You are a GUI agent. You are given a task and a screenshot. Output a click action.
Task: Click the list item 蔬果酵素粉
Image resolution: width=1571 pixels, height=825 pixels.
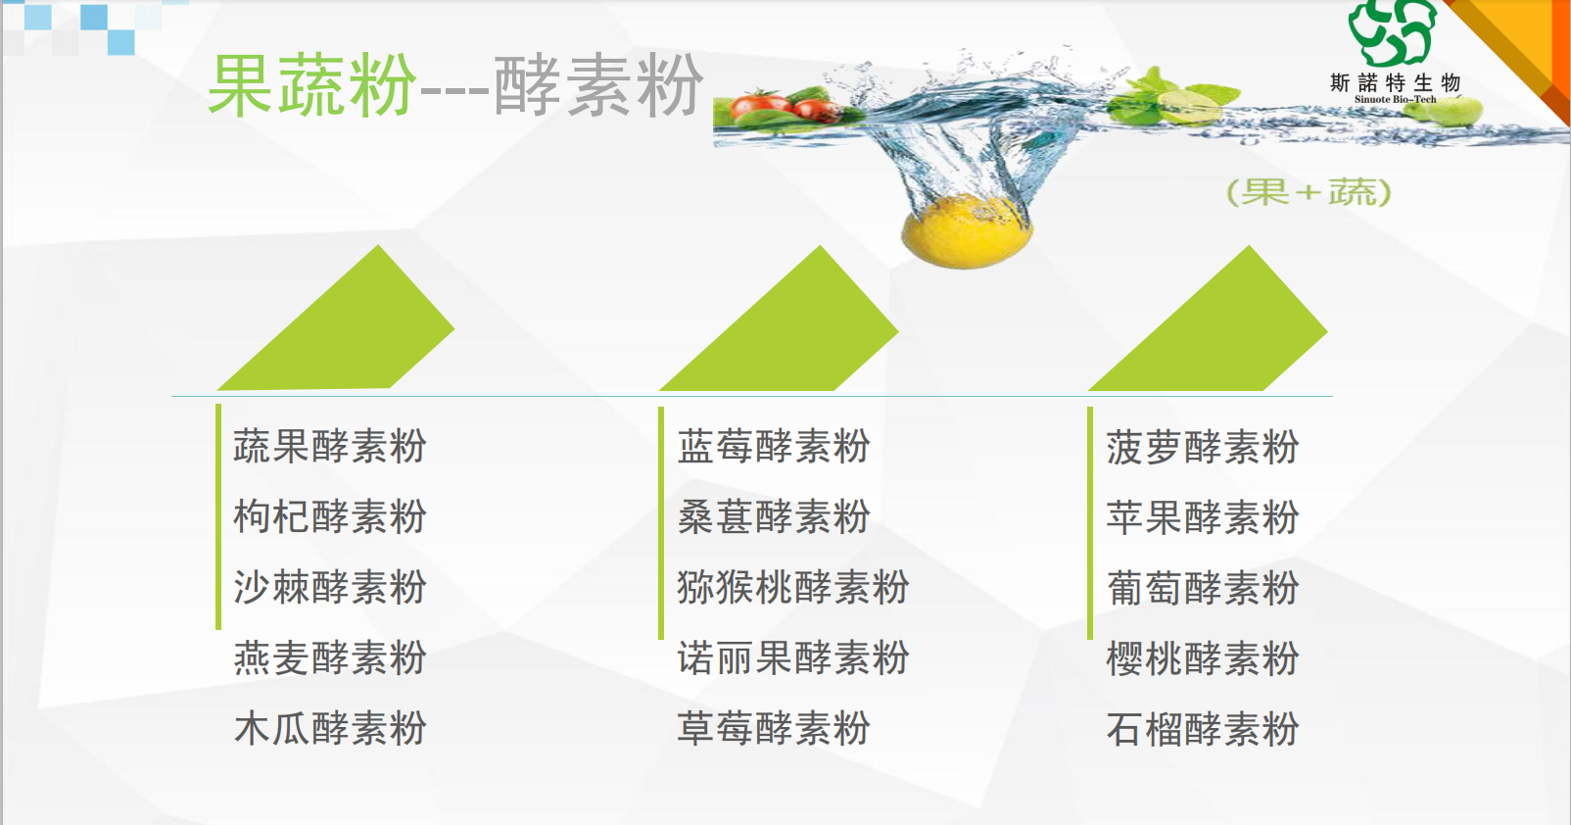click(330, 446)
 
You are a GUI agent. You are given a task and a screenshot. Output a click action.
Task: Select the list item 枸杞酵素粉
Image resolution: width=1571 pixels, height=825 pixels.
click(330, 516)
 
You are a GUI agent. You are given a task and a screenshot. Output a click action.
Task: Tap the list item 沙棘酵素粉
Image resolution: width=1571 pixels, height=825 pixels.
click(330, 587)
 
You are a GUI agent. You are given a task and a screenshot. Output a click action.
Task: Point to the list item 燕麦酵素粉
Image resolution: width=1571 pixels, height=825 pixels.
click(330, 658)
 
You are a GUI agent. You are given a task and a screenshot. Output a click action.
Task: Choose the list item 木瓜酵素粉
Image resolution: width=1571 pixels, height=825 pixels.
click(330, 728)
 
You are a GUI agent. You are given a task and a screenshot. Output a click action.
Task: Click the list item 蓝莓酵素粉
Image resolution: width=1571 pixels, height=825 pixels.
click(774, 446)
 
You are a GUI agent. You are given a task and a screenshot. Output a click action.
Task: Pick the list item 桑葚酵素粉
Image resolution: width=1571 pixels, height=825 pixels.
click(774, 516)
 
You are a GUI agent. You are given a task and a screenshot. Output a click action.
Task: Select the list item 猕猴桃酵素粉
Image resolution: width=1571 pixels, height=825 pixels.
click(793, 587)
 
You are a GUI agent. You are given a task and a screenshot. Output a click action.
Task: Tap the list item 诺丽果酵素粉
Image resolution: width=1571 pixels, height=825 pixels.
click(793, 658)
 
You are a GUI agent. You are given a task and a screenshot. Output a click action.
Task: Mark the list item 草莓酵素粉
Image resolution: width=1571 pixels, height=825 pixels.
click(774, 728)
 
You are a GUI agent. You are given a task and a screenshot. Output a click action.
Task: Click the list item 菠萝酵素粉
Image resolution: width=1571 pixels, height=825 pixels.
click(1203, 447)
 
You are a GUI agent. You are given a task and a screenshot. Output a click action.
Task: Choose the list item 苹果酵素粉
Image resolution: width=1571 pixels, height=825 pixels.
click(1203, 517)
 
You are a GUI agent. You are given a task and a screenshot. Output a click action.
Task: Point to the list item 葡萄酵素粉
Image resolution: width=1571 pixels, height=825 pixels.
click(1203, 588)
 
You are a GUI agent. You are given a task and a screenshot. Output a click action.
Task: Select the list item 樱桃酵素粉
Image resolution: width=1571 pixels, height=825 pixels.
click(1203, 658)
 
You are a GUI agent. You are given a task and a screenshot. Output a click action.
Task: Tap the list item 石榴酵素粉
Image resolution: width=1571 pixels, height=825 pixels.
click(1203, 729)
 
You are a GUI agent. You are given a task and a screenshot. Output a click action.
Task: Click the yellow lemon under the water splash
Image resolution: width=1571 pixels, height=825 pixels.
click(967, 231)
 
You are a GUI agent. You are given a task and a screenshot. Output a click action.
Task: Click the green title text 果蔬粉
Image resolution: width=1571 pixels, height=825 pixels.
click(312, 85)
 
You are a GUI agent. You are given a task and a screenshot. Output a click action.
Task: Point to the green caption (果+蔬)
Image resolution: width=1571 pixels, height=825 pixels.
click(1309, 192)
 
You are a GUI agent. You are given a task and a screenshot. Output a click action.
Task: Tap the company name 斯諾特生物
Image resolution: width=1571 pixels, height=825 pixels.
click(1395, 82)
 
